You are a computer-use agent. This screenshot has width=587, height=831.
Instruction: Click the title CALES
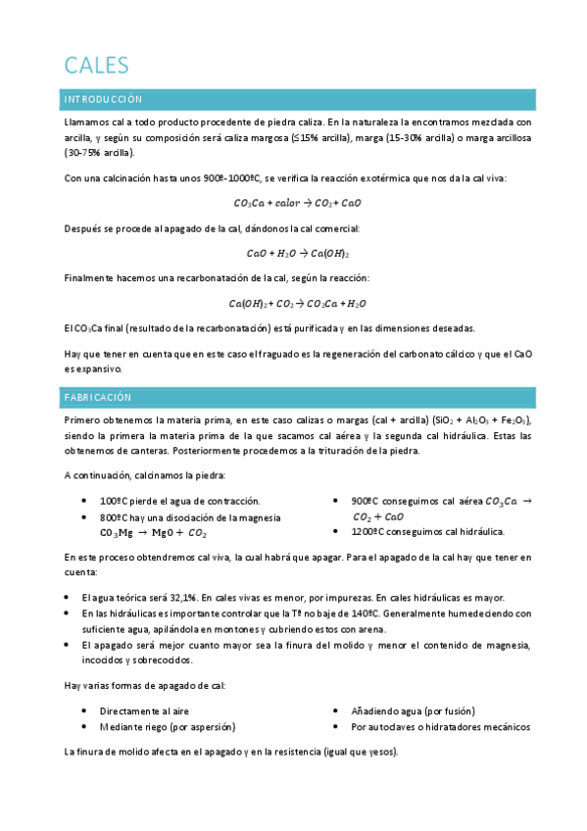[x=96, y=65]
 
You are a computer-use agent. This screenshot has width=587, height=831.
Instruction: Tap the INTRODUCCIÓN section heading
[x=103, y=100]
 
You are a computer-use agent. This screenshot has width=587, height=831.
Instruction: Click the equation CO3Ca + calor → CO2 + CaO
[x=298, y=203]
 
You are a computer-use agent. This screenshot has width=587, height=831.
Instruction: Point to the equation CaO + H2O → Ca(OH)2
[x=298, y=253]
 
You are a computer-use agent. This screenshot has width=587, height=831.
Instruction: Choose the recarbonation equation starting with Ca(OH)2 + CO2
[x=298, y=304]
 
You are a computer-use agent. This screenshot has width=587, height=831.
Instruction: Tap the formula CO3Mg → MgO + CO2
[x=153, y=534]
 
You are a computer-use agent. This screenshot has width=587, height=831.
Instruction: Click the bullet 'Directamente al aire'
[x=143, y=710]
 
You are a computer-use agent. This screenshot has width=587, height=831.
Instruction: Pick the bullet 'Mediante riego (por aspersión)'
[x=167, y=727]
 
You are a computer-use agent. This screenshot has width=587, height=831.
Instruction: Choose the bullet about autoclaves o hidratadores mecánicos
[x=440, y=727]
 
